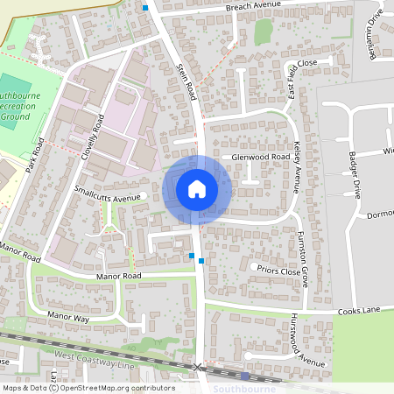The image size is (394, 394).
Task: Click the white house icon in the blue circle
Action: pyautogui.click(x=197, y=189)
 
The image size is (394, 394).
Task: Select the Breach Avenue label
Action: pyautogui.click(x=253, y=5)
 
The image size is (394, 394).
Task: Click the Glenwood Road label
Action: pyautogui.click(x=260, y=157)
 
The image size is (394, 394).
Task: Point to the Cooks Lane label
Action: pyautogui.click(x=358, y=311)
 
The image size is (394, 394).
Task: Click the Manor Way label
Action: pyautogui.click(x=68, y=314)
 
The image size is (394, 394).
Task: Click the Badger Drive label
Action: pyautogui.click(x=356, y=171)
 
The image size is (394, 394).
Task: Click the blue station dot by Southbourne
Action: pyautogui.click(x=246, y=376)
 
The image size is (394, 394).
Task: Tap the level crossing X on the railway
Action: pyautogui.click(x=198, y=367)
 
